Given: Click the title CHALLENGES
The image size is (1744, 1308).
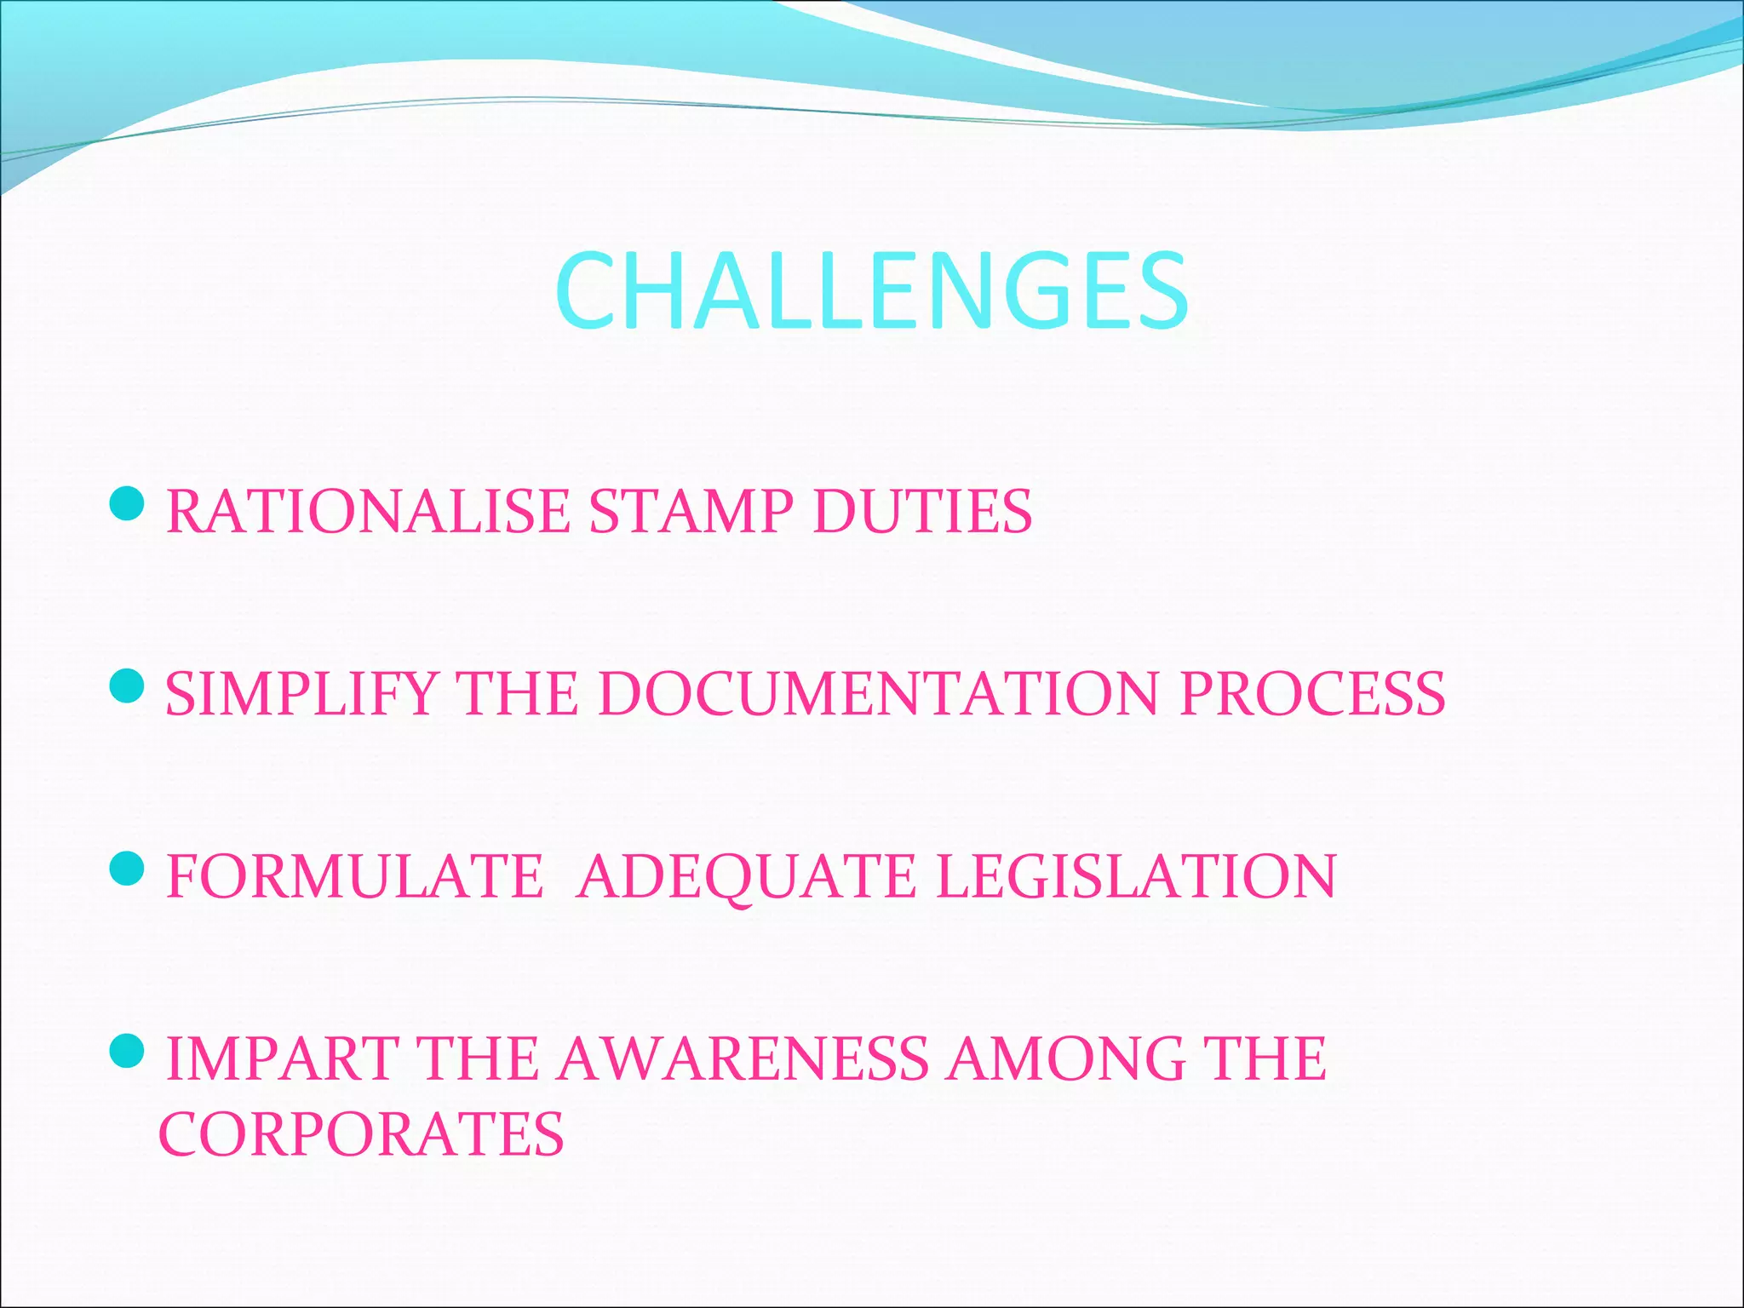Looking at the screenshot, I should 871,291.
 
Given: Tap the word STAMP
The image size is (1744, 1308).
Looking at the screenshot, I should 691,511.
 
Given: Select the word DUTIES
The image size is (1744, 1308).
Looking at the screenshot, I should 922,511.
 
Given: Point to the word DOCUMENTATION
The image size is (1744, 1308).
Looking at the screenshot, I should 878,693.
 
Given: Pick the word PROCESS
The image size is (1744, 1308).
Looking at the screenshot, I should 1312,693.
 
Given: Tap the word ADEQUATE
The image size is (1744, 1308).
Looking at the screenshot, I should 746,876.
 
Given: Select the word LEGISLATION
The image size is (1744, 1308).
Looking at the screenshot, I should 1136,876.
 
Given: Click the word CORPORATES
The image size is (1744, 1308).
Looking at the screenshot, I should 361,1133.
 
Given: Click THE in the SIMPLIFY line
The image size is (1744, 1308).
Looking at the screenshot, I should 516,693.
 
